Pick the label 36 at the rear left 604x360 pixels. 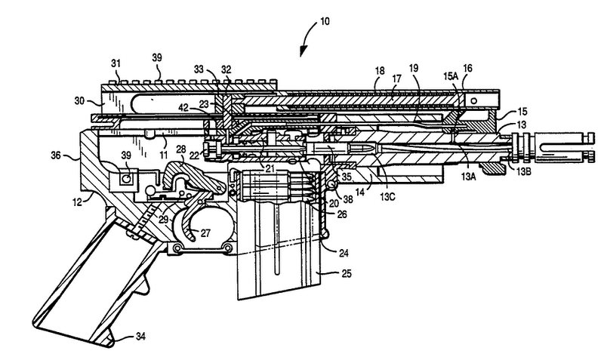pos(56,156)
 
